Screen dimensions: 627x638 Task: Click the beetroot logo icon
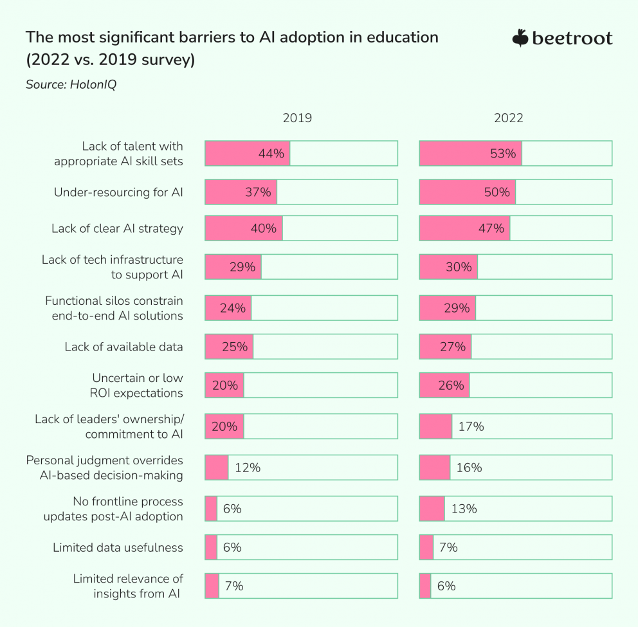(x=520, y=39)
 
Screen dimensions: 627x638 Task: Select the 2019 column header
(x=297, y=118)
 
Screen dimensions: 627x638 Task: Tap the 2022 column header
(x=508, y=118)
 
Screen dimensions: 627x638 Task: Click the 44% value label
(x=271, y=154)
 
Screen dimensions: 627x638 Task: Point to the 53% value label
(x=503, y=154)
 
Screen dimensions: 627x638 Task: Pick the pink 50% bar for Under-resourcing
(x=468, y=192)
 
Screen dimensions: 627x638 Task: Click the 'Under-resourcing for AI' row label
(x=118, y=192)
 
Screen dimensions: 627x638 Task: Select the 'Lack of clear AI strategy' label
(x=117, y=228)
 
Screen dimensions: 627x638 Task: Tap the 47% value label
(x=491, y=228)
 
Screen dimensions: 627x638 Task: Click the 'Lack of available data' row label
(x=123, y=347)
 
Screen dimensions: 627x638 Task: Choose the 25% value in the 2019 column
(x=235, y=347)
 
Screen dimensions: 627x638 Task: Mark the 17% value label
(x=471, y=426)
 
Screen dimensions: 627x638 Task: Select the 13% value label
(x=464, y=509)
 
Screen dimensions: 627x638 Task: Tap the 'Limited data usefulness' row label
(x=118, y=547)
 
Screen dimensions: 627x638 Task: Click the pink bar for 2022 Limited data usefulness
(x=426, y=547)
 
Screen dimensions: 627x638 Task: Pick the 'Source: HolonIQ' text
(x=71, y=84)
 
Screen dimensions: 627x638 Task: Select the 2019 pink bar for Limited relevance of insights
(x=212, y=586)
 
